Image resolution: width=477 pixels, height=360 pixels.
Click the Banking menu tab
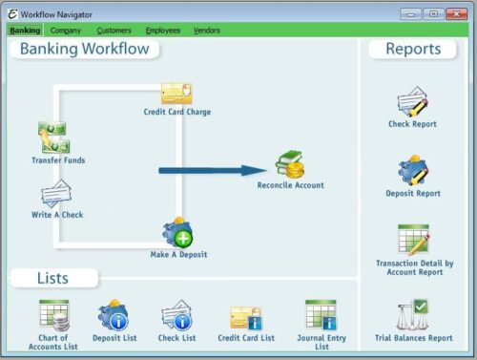point(25,31)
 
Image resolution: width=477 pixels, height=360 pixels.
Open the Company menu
point(66,31)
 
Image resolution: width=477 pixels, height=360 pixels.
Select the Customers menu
point(114,31)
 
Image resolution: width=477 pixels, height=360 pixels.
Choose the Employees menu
point(162,31)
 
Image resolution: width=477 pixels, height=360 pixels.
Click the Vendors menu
point(206,31)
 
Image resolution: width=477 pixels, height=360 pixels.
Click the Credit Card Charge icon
point(176,94)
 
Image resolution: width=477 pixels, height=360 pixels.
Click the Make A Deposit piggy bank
point(177,232)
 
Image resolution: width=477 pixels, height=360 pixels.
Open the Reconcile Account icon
point(290,164)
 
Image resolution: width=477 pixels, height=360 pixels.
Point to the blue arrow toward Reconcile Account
point(211,171)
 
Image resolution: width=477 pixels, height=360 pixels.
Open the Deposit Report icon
point(413,171)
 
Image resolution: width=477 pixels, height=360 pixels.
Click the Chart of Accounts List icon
point(53,314)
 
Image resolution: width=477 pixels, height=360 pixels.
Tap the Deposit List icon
point(113,314)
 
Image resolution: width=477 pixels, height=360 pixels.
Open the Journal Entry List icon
point(320,314)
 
